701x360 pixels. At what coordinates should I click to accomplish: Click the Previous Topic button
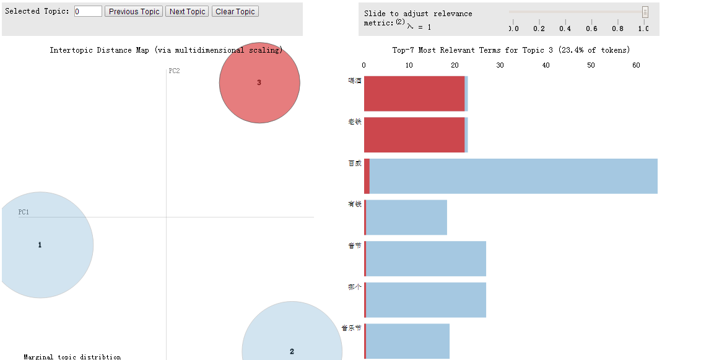coord(134,12)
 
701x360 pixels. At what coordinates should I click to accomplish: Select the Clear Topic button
coord(235,12)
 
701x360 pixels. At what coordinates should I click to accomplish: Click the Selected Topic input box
coord(88,11)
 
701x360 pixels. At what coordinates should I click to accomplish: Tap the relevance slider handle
coord(645,12)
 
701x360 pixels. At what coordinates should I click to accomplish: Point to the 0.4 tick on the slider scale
coord(565,29)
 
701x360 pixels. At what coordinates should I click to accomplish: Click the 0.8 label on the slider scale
coord(617,29)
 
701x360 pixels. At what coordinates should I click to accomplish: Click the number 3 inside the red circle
coord(259,82)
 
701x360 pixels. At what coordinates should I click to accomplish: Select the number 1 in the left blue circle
coord(40,245)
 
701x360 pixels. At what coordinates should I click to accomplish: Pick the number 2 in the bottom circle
coord(292,351)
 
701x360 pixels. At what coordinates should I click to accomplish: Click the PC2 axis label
coord(174,71)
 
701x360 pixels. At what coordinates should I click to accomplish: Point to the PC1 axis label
coord(24,212)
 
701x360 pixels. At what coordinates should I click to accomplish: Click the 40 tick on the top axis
coord(546,65)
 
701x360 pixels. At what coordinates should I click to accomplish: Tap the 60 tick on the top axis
coord(636,65)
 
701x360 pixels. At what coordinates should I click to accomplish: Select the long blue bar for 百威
coord(513,176)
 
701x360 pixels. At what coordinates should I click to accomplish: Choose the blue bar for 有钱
coord(406,217)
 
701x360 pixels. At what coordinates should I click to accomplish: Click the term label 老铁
coord(355,122)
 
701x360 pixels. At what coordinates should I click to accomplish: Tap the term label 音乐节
coord(351,328)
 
